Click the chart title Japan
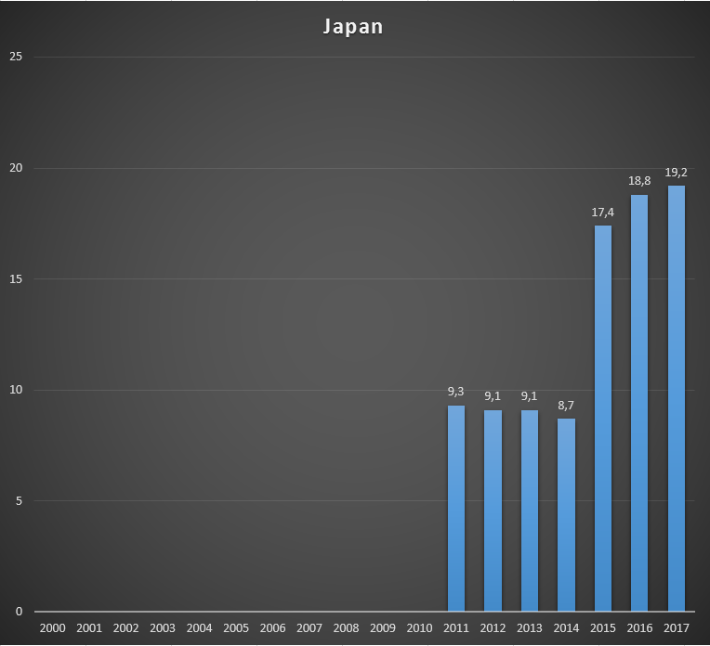click(x=353, y=26)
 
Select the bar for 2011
click(x=456, y=509)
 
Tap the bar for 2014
click(x=566, y=515)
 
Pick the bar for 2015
click(x=602, y=419)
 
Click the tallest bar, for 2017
click(x=676, y=398)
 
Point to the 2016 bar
click(x=639, y=403)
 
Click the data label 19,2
click(x=676, y=172)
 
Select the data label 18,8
click(x=639, y=181)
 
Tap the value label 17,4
click(x=602, y=212)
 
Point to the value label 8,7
click(x=566, y=405)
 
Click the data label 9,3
click(x=456, y=392)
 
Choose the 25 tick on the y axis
click(x=15, y=57)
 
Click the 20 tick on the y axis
click(x=15, y=168)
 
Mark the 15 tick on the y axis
click(x=15, y=278)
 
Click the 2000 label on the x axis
click(x=53, y=628)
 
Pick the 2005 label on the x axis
click(x=236, y=628)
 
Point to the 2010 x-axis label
click(x=419, y=628)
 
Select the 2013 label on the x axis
click(x=529, y=628)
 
